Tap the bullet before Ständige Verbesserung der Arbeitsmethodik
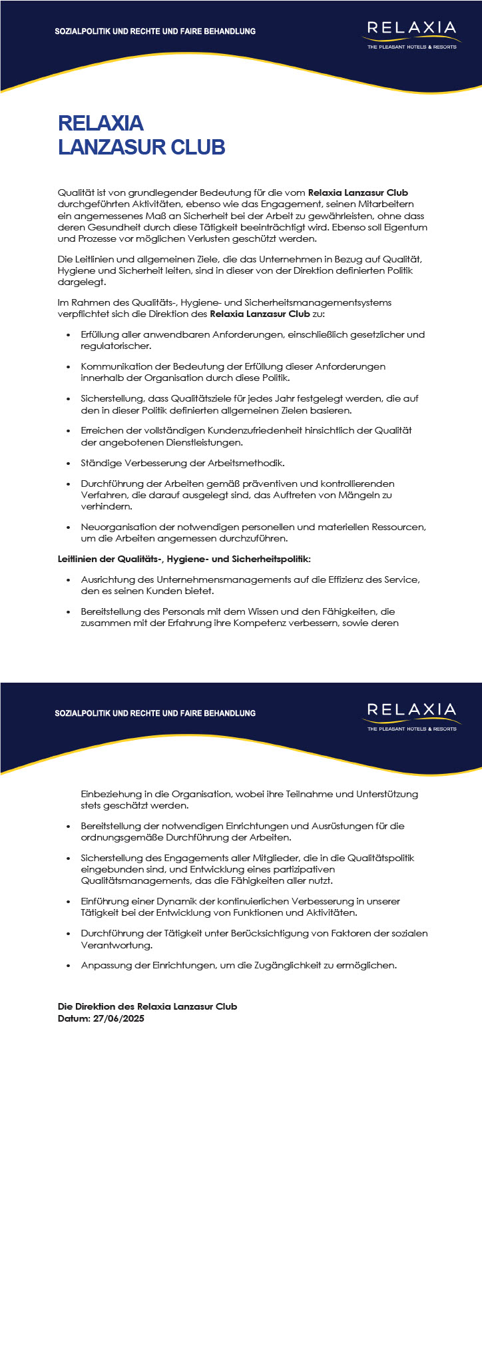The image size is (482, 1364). pos(69,463)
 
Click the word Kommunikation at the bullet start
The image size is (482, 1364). pos(111,366)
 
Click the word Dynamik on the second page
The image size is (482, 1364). pos(156,901)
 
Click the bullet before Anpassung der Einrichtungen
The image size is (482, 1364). pos(69,965)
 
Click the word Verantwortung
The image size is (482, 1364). pos(107,945)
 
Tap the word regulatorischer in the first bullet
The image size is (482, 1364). pos(116,346)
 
